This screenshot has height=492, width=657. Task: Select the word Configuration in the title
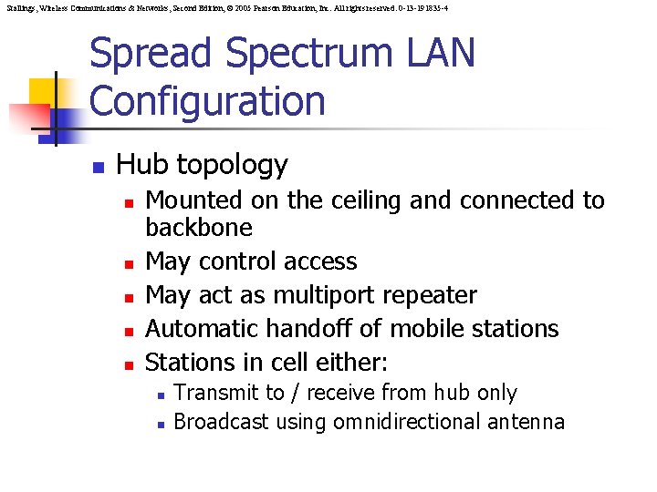click(207, 100)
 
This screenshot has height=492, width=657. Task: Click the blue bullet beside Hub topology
click(98, 167)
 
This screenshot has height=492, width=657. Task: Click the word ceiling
click(360, 200)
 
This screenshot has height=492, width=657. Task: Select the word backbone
click(199, 227)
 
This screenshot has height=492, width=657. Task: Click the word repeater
click(433, 295)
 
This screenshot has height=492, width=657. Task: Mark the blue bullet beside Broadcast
click(160, 424)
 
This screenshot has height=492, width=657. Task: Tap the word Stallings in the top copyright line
click(17, 7)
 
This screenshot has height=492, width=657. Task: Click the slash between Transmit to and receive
click(297, 394)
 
